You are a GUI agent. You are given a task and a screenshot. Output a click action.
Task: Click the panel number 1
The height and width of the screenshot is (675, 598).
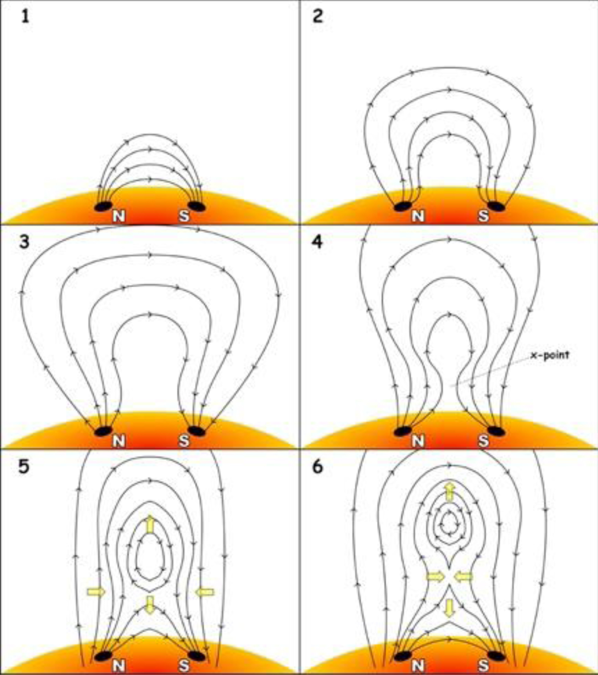click(x=25, y=16)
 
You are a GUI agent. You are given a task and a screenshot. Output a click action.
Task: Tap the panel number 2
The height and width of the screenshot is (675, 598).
click(x=318, y=16)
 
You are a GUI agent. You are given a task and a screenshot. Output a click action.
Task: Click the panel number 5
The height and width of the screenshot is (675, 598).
click(x=24, y=467)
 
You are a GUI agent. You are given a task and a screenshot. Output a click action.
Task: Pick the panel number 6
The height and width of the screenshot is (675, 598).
click(x=318, y=467)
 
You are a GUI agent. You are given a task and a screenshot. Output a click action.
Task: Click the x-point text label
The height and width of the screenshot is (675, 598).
click(x=550, y=355)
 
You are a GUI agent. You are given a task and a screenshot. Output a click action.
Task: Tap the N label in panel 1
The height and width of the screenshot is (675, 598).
click(x=119, y=216)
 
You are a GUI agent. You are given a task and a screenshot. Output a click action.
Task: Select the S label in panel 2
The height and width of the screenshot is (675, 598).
click(x=484, y=216)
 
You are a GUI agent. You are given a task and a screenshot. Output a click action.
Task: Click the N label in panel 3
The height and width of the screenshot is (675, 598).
click(x=119, y=441)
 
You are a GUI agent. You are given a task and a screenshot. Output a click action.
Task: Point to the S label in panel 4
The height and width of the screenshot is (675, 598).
click(x=484, y=441)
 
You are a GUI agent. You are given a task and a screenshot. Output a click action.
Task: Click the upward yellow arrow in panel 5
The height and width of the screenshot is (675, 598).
click(x=150, y=525)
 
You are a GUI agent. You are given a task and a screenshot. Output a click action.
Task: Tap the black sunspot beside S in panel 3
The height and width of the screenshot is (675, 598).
click(x=197, y=431)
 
